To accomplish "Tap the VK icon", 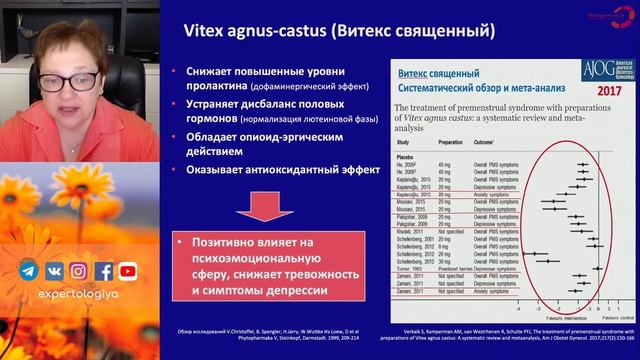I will point(53,271).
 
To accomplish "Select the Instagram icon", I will point(78,271).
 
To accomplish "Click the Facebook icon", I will point(103,271).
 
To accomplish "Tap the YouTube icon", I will point(128,271).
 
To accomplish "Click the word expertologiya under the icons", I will point(77,297).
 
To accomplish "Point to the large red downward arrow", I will point(266,204).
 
